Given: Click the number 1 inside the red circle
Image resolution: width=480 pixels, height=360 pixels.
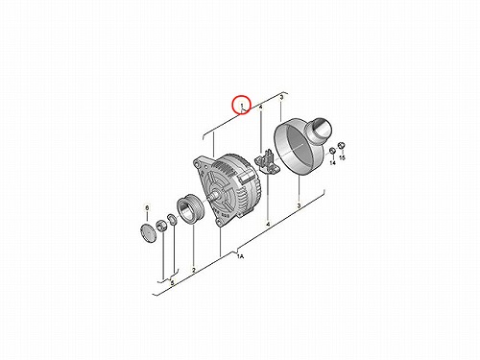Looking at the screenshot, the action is [242, 105].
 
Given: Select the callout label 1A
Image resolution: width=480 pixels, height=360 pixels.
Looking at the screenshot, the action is [240, 256].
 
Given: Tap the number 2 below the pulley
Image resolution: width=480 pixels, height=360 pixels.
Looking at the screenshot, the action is [194, 270].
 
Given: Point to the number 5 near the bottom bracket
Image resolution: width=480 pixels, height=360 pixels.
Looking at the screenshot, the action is [172, 283].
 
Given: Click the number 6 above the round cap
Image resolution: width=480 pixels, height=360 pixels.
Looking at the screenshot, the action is [147, 208].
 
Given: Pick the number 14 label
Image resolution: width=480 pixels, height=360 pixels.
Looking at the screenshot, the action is [333, 163].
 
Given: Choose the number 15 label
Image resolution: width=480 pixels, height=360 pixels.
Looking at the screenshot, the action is [342, 157].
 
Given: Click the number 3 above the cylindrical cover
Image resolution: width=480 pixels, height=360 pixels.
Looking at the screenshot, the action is [281, 97].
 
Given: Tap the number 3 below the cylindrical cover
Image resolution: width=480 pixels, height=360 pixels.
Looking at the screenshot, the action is [300, 205].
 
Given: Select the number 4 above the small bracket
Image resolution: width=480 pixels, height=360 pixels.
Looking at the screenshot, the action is [261, 108].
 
